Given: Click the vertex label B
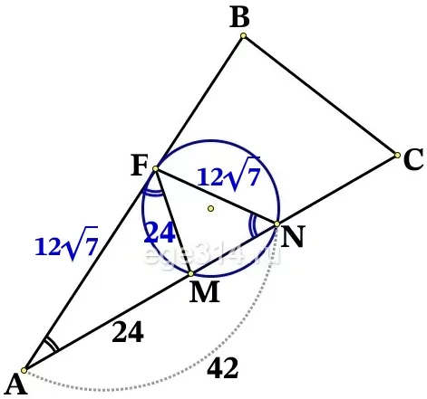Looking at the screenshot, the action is [x=240, y=18].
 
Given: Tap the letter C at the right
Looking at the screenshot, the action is [x=413, y=159].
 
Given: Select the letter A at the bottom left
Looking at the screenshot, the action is [x=15, y=384].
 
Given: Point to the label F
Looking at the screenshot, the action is [x=140, y=166].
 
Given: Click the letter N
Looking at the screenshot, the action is [x=292, y=237].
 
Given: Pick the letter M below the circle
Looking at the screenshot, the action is [x=205, y=291].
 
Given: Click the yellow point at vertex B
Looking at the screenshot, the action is [x=243, y=36].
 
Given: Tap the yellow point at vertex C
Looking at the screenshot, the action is [x=397, y=156].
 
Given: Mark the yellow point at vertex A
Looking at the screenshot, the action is [x=24, y=370].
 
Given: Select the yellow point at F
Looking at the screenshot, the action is [x=155, y=168].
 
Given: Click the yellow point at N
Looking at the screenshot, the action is [x=277, y=223].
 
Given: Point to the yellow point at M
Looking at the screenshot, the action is [x=190, y=274].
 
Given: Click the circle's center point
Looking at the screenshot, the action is [x=211, y=208].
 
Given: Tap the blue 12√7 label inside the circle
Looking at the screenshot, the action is [x=228, y=175].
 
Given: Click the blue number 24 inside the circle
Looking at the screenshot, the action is [x=160, y=233].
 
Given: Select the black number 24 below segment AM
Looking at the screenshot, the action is [x=128, y=332].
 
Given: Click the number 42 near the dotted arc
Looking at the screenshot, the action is [x=223, y=367].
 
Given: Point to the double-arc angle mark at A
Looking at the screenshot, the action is [x=52, y=344].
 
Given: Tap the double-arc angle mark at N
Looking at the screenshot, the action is [x=252, y=225].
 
